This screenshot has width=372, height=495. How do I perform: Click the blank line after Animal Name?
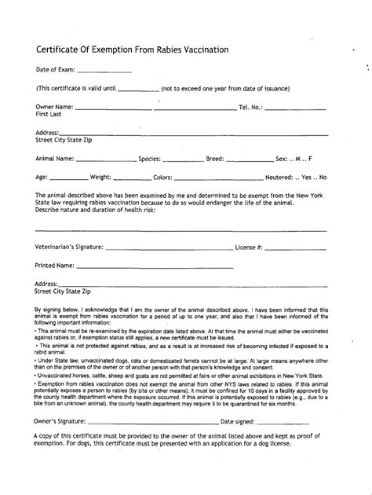click(106, 159)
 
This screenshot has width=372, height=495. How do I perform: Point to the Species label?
click(149, 158)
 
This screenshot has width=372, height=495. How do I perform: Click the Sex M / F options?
click(305, 158)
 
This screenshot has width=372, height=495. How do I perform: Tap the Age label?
click(42, 177)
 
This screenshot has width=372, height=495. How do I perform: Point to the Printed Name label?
click(54, 266)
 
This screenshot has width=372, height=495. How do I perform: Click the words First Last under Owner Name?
click(49, 114)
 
